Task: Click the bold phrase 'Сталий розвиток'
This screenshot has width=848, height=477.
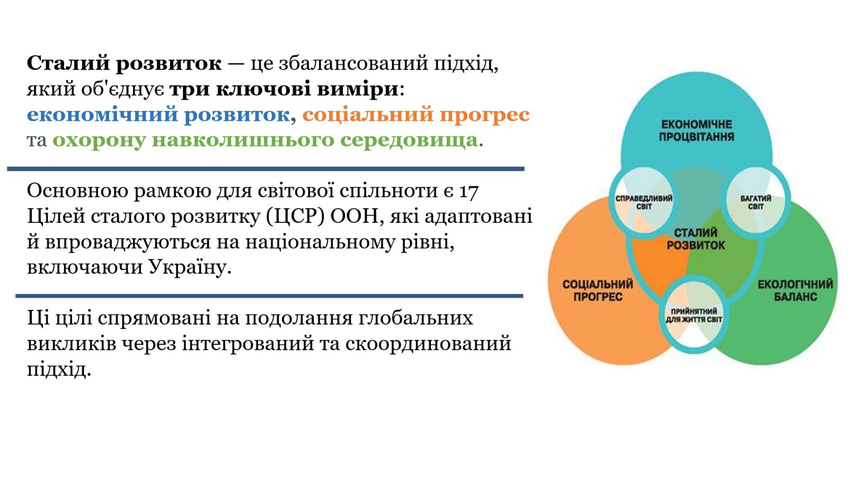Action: [x=124, y=63]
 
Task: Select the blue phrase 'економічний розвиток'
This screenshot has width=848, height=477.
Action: [x=158, y=115]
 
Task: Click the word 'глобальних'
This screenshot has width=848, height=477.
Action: [x=416, y=318]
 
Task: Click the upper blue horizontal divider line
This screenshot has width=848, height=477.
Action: [x=266, y=169]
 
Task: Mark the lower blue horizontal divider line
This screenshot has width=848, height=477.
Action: [x=269, y=296]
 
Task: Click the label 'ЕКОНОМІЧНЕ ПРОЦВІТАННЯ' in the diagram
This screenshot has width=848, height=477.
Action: [x=696, y=131]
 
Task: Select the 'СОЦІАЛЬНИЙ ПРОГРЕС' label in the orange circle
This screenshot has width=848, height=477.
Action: [x=598, y=291]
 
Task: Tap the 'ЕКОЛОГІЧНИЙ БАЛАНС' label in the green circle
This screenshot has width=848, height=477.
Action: [x=795, y=291]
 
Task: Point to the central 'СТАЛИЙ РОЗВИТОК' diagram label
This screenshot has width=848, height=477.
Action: [x=696, y=239]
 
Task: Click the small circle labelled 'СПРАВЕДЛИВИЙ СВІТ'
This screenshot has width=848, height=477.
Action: [x=644, y=202]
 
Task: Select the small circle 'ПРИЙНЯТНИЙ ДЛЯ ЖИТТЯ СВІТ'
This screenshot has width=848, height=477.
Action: [x=694, y=315]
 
